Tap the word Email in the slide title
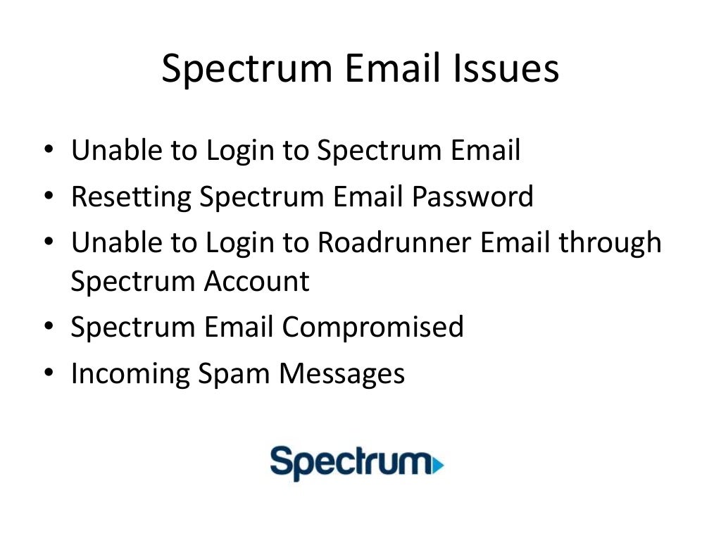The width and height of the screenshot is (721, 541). coord(394,70)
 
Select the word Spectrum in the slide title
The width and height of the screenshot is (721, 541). coord(246,70)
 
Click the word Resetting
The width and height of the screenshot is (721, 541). coord(131,197)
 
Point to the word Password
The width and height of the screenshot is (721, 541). coord(472,197)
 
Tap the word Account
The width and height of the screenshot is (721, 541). coord(257,282)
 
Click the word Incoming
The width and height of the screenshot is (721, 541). coord(129,373)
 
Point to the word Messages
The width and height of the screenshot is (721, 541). coord(342,373)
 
